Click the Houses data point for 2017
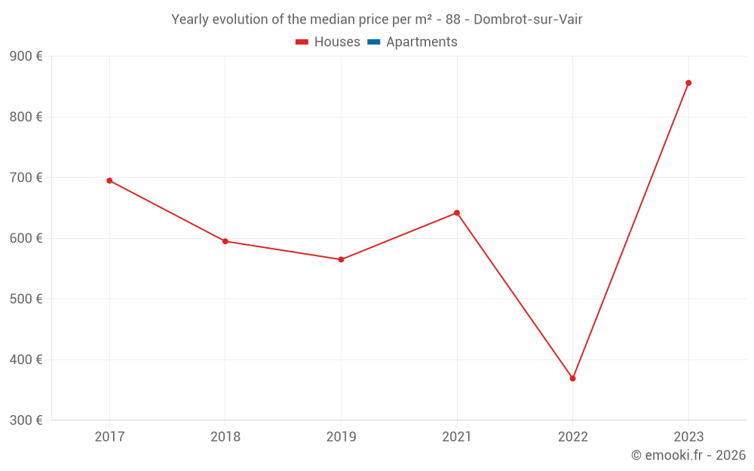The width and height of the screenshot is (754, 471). click(x=109, y=181)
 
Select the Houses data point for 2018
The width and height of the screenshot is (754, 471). click(x=225, y=241)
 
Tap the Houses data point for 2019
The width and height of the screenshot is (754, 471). click(x=341, y=259)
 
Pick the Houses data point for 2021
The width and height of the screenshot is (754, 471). click(x=457, y=213)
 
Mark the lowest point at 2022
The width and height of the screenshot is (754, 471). click(x=572, y=378)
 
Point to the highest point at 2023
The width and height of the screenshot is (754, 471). click(x=688, y=83)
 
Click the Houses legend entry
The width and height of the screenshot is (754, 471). click(x=328, y=42)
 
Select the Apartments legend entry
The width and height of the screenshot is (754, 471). click(x=412, y=42)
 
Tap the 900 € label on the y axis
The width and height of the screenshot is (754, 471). click(x=26, y=57)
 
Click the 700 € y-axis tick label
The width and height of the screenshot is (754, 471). click(x=26, y=178)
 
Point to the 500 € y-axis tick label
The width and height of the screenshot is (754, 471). click(x=26, y=299)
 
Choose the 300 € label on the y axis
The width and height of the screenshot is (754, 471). click(x=26, y=421)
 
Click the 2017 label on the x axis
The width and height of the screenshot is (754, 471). click(x=109, y=436)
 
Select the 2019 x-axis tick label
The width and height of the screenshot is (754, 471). click(x=341, y=436)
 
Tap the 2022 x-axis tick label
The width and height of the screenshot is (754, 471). click(x=572, y=436)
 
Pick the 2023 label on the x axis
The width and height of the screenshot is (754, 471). click(x=688, y=436)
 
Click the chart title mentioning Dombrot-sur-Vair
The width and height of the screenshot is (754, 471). click(x=377, y=20)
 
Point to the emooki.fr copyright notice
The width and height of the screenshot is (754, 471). click(x=688, y=455)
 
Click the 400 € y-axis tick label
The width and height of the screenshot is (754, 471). click(x=26, y=359)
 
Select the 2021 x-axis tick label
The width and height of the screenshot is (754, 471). click(x=457, y=436)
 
